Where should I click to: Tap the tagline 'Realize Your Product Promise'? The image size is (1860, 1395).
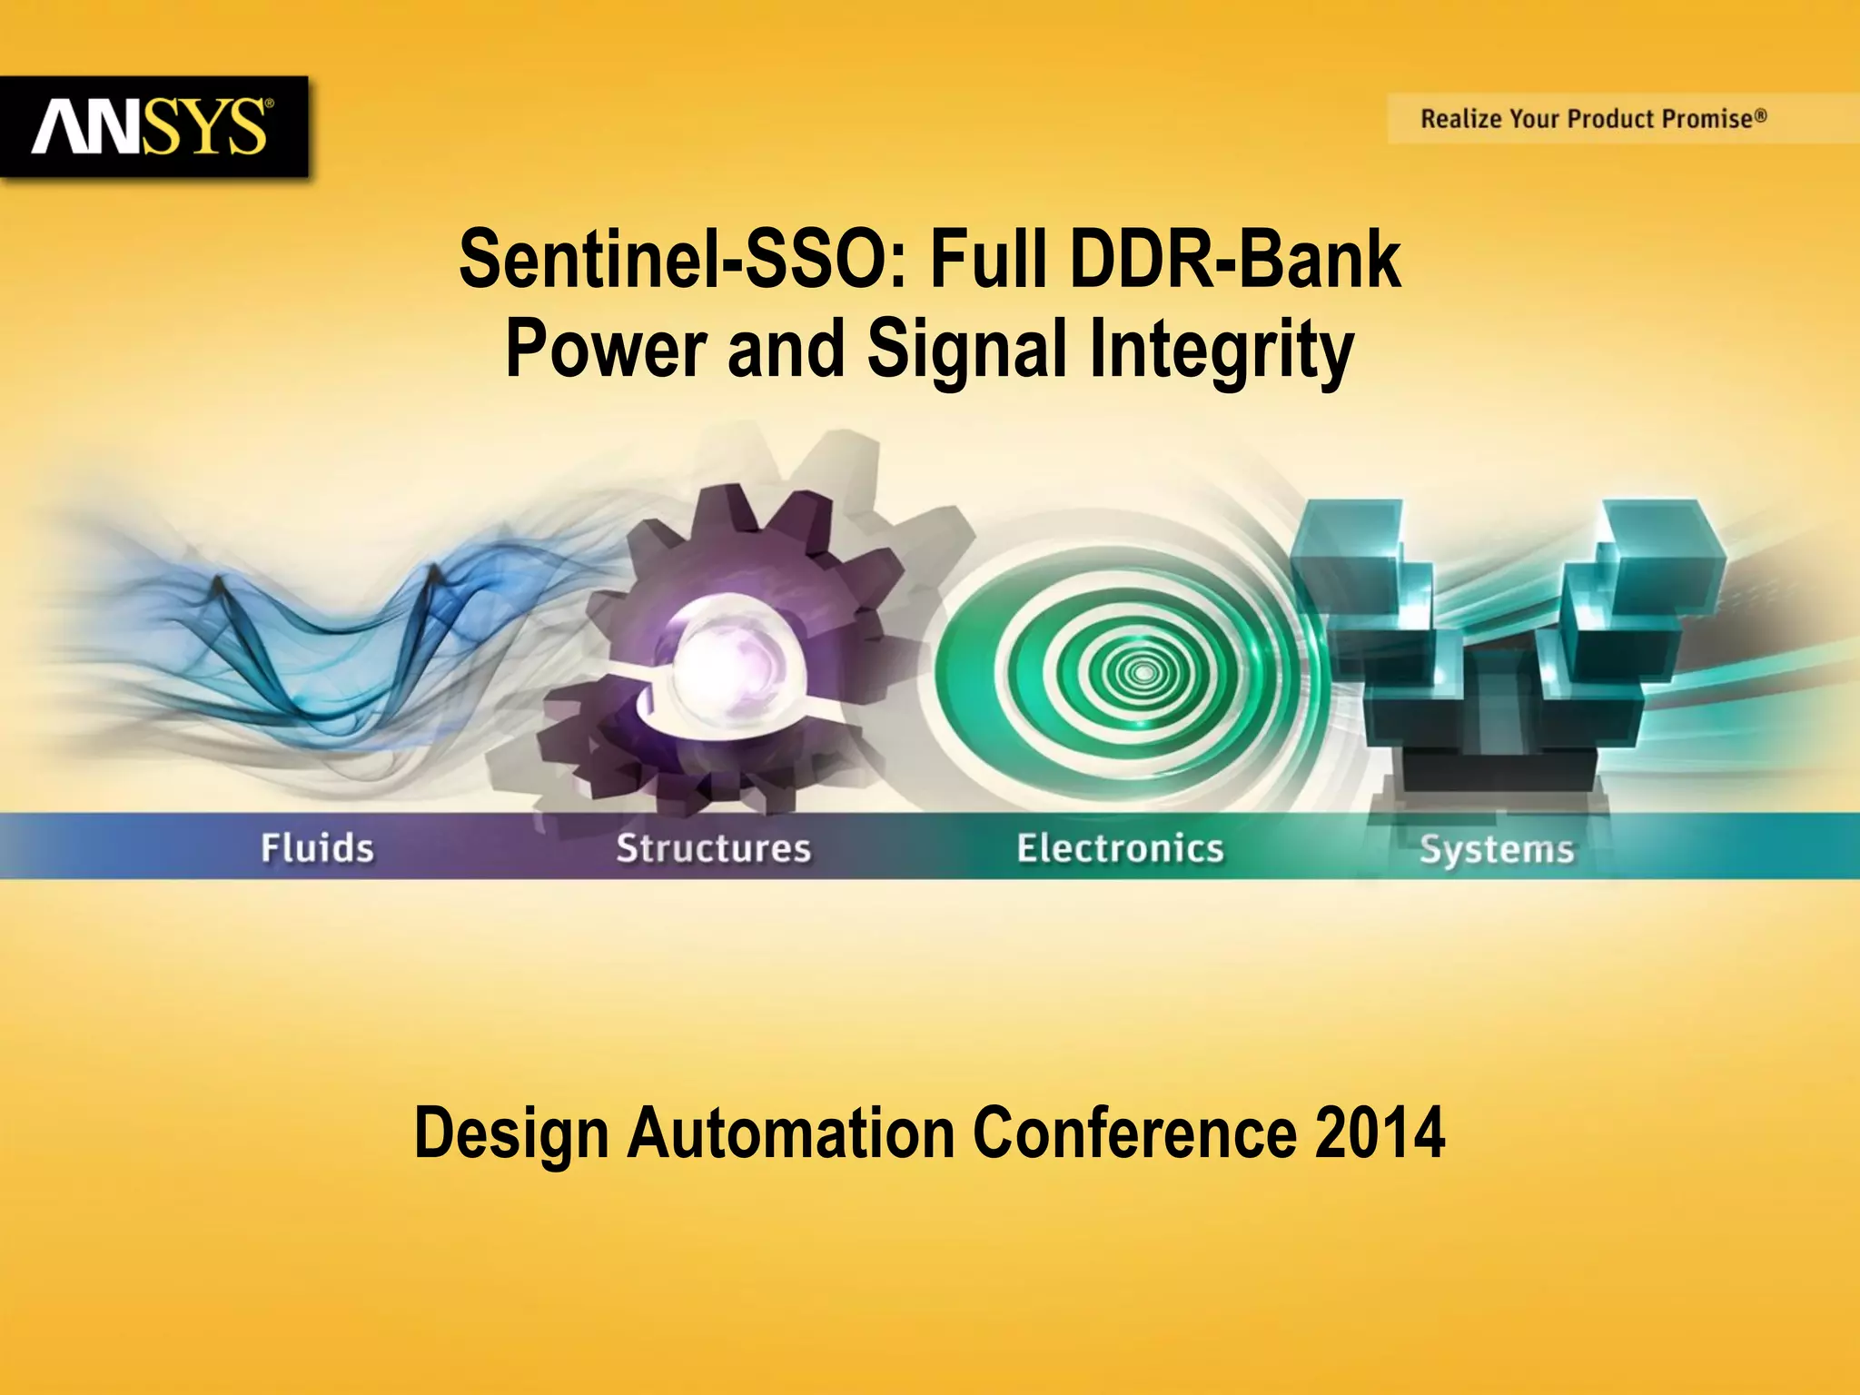click(x=1593, y=119)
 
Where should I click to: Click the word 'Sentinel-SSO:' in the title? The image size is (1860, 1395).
click(x=682, y=260)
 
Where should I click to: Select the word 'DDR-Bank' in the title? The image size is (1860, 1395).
click(x=1235, y=260)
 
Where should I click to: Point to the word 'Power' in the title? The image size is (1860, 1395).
click(x=606, y=349)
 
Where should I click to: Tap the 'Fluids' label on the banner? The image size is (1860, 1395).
click(x=317, y=848)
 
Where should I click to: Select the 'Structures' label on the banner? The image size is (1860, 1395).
click(x=713, y=848)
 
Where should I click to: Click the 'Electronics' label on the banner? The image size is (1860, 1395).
click(x=1120, y=848)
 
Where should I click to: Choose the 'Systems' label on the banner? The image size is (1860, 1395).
click(x=1496, y=850)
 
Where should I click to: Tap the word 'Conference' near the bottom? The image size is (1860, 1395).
click(x=1134, y=1133)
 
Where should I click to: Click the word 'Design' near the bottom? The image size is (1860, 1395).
click(x=510, y=1134)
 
